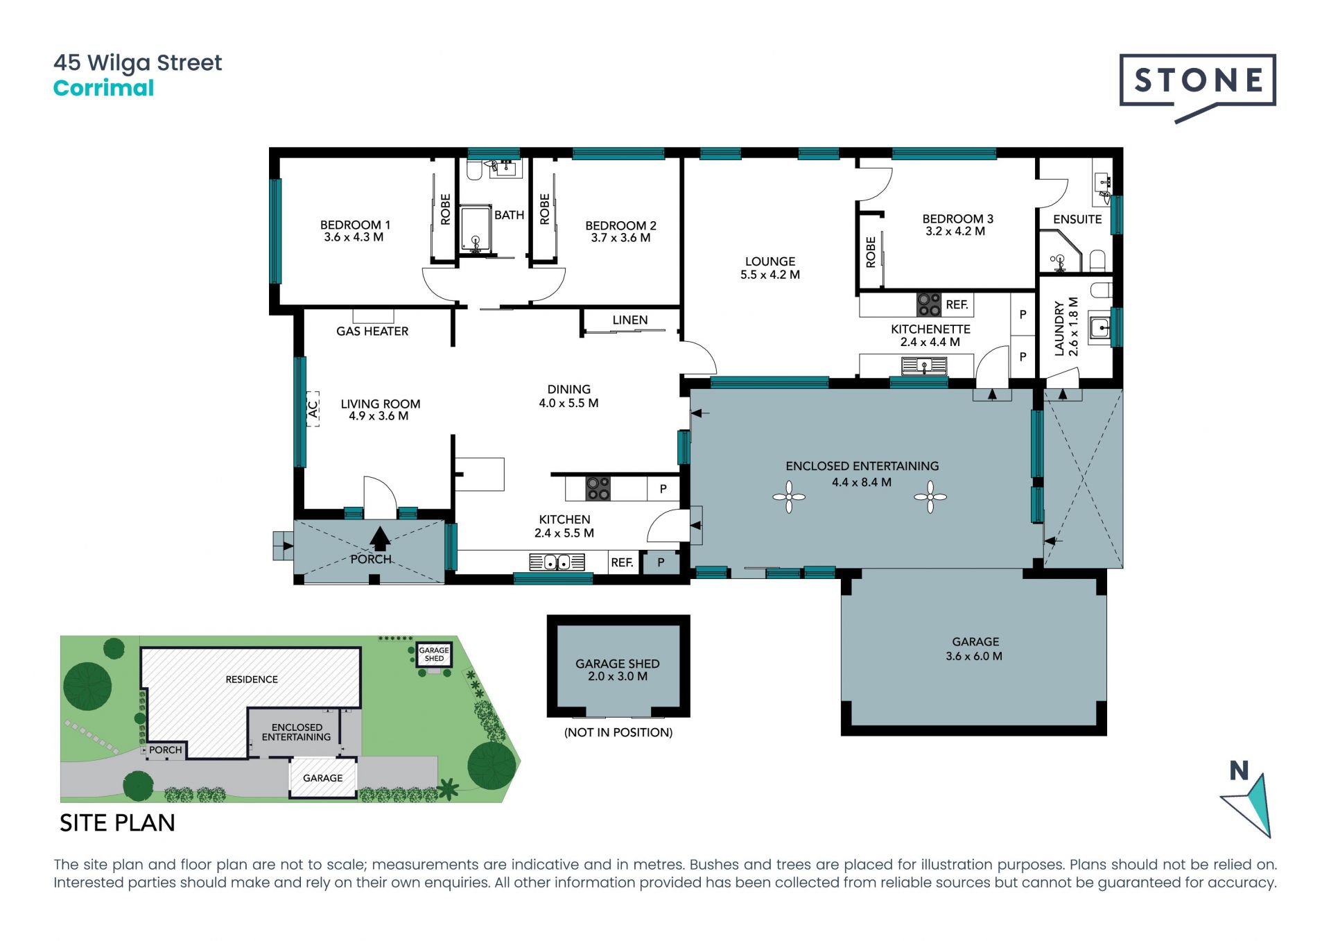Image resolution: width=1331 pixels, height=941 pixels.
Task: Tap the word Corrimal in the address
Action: click(103, 88)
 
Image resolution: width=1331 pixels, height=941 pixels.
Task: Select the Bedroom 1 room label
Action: click(355, 231)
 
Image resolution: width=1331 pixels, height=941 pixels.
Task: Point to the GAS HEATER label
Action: click(372, 331)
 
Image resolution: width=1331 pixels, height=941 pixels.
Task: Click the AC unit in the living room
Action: click(313, 408)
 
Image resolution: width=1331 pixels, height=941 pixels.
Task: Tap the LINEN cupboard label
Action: click(630, 320)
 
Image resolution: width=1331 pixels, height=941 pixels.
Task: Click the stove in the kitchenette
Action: click(929, 304)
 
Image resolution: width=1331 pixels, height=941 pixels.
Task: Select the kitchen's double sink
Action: click(557, 562)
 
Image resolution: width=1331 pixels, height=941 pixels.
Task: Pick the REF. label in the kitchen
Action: click(623, 562)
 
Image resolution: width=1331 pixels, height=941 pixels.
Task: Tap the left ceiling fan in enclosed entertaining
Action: click(789, 497)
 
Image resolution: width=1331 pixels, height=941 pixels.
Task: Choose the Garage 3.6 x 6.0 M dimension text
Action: click(974, 656)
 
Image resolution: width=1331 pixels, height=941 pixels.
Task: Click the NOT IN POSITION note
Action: click(618, 732)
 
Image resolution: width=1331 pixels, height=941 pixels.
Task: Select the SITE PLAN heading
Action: click(117, 823)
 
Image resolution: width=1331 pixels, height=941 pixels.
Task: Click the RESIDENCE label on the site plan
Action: click(252, 680)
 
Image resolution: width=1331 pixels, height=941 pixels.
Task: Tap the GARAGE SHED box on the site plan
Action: click(434, 654)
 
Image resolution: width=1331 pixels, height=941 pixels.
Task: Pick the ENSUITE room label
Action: click(1077, 219)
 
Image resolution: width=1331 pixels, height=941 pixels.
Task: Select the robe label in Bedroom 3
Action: click(871, 252)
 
